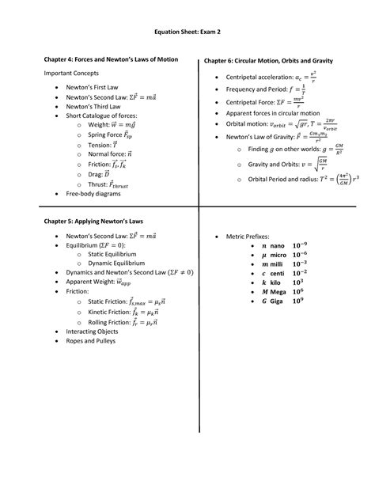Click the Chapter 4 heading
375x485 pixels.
click(110, 59)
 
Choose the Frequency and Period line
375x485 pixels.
click(266, 89)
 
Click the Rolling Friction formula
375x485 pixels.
click(123, 322)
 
